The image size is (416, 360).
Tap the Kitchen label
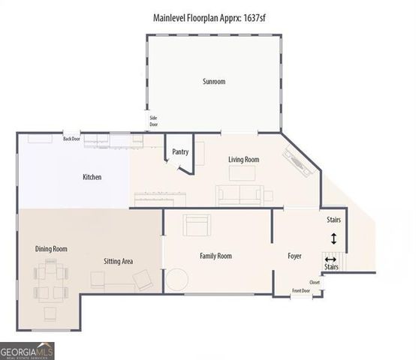point(92,178)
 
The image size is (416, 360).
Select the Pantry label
point(180,152)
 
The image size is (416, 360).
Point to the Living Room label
point(243,160)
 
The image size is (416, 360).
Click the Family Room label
point(216,256)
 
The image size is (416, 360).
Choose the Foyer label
point(294,256)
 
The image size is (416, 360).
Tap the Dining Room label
point(51,249)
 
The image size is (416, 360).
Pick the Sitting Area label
point(118,261)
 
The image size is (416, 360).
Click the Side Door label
point(153,121)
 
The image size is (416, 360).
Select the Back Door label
point(71,139)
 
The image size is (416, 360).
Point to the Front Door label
point(300,290)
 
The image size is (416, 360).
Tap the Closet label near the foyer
point(314,283)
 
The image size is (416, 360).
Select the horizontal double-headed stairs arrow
point(330,259)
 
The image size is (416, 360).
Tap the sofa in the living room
point(240,195)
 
